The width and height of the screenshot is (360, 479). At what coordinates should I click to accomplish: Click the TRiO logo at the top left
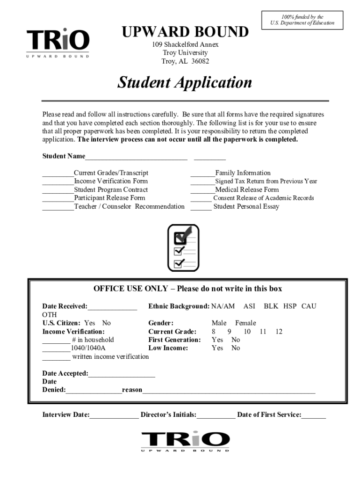click(58, 43)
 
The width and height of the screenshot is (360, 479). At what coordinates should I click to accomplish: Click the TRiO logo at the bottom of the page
click(186, 441)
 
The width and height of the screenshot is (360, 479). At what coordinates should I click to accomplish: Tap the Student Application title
click(184, 83)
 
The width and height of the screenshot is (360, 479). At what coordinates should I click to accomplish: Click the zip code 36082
click(200, 61)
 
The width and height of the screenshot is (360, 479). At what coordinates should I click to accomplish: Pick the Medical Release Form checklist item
click(246, 189)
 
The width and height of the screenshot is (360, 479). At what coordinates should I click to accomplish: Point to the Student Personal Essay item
click(246, 206)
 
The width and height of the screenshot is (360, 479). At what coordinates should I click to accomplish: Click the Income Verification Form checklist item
click(110, 181)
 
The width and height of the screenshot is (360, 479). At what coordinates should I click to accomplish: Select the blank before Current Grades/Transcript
click(58, 174)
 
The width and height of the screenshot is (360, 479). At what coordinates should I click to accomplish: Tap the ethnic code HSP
click(289, 306)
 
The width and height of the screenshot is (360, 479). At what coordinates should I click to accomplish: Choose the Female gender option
click(245, 323)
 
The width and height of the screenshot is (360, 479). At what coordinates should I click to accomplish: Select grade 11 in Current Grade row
click(263, 331)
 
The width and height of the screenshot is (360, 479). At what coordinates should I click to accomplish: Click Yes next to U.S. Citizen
click(89, 323)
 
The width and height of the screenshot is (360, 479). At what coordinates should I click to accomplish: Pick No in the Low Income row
click(236, 348)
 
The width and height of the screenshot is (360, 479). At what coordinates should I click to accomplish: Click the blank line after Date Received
click(112, 307)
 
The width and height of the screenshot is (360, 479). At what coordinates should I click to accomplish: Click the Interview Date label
click(65, 414)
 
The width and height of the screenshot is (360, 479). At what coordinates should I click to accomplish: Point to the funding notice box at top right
click(302, 20)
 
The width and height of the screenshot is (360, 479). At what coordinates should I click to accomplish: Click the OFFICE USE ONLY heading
click(187, 289)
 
